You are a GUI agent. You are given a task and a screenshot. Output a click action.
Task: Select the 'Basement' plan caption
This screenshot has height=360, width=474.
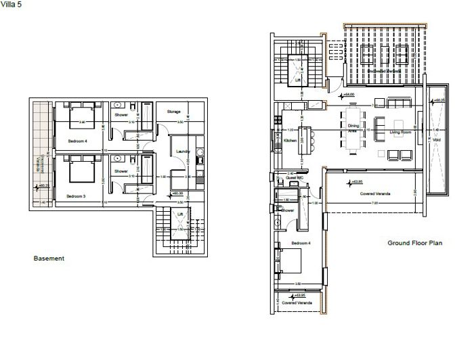click(49, 258)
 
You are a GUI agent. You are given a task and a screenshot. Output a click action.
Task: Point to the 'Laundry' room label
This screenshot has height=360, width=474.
click(181, 151)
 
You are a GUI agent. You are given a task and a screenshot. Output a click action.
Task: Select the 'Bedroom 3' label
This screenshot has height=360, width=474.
click(76, 196)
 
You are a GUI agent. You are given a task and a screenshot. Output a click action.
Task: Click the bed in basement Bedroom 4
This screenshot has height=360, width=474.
click(80, 114)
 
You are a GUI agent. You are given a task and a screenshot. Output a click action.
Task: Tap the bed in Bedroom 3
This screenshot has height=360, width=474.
click(80, 168)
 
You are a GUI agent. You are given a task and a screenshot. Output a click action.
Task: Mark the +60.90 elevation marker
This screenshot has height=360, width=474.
click(177, 194)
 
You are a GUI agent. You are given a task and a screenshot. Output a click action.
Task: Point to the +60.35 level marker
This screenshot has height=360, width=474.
click(438, 100)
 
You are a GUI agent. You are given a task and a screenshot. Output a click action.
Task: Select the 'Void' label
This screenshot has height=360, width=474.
click(436, 141)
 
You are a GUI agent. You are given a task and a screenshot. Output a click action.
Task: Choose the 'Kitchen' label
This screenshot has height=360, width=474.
click(290, 140)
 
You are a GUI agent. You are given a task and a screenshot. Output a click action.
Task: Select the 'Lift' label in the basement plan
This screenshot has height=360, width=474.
click(179, 215)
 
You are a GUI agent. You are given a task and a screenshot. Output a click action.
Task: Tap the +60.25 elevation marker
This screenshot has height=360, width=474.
click(44, 185)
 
